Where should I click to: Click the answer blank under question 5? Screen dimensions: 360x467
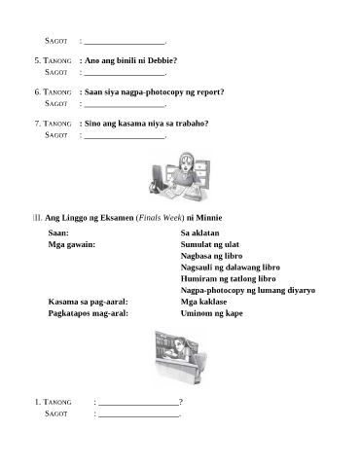coord(125,75)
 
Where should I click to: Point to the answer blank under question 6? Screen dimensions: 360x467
coord(125,106)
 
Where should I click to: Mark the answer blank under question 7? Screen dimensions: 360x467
coord(125,138)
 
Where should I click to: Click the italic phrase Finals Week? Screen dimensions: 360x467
coord(160,218)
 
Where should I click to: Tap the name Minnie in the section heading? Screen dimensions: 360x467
coord(209,218)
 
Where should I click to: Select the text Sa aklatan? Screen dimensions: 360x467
coord(199,233)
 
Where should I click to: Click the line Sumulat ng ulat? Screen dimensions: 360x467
coord(210,244)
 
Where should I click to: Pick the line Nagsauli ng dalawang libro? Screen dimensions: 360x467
coord(231,268)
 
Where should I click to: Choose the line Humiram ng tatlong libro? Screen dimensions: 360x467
coord(229,278)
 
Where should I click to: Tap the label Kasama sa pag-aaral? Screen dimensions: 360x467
coord(89,302)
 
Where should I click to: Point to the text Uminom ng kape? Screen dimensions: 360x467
coord(212,313)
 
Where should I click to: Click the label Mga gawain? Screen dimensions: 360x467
coord(72,244)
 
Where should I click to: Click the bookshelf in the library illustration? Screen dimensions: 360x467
coord(164,343)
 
